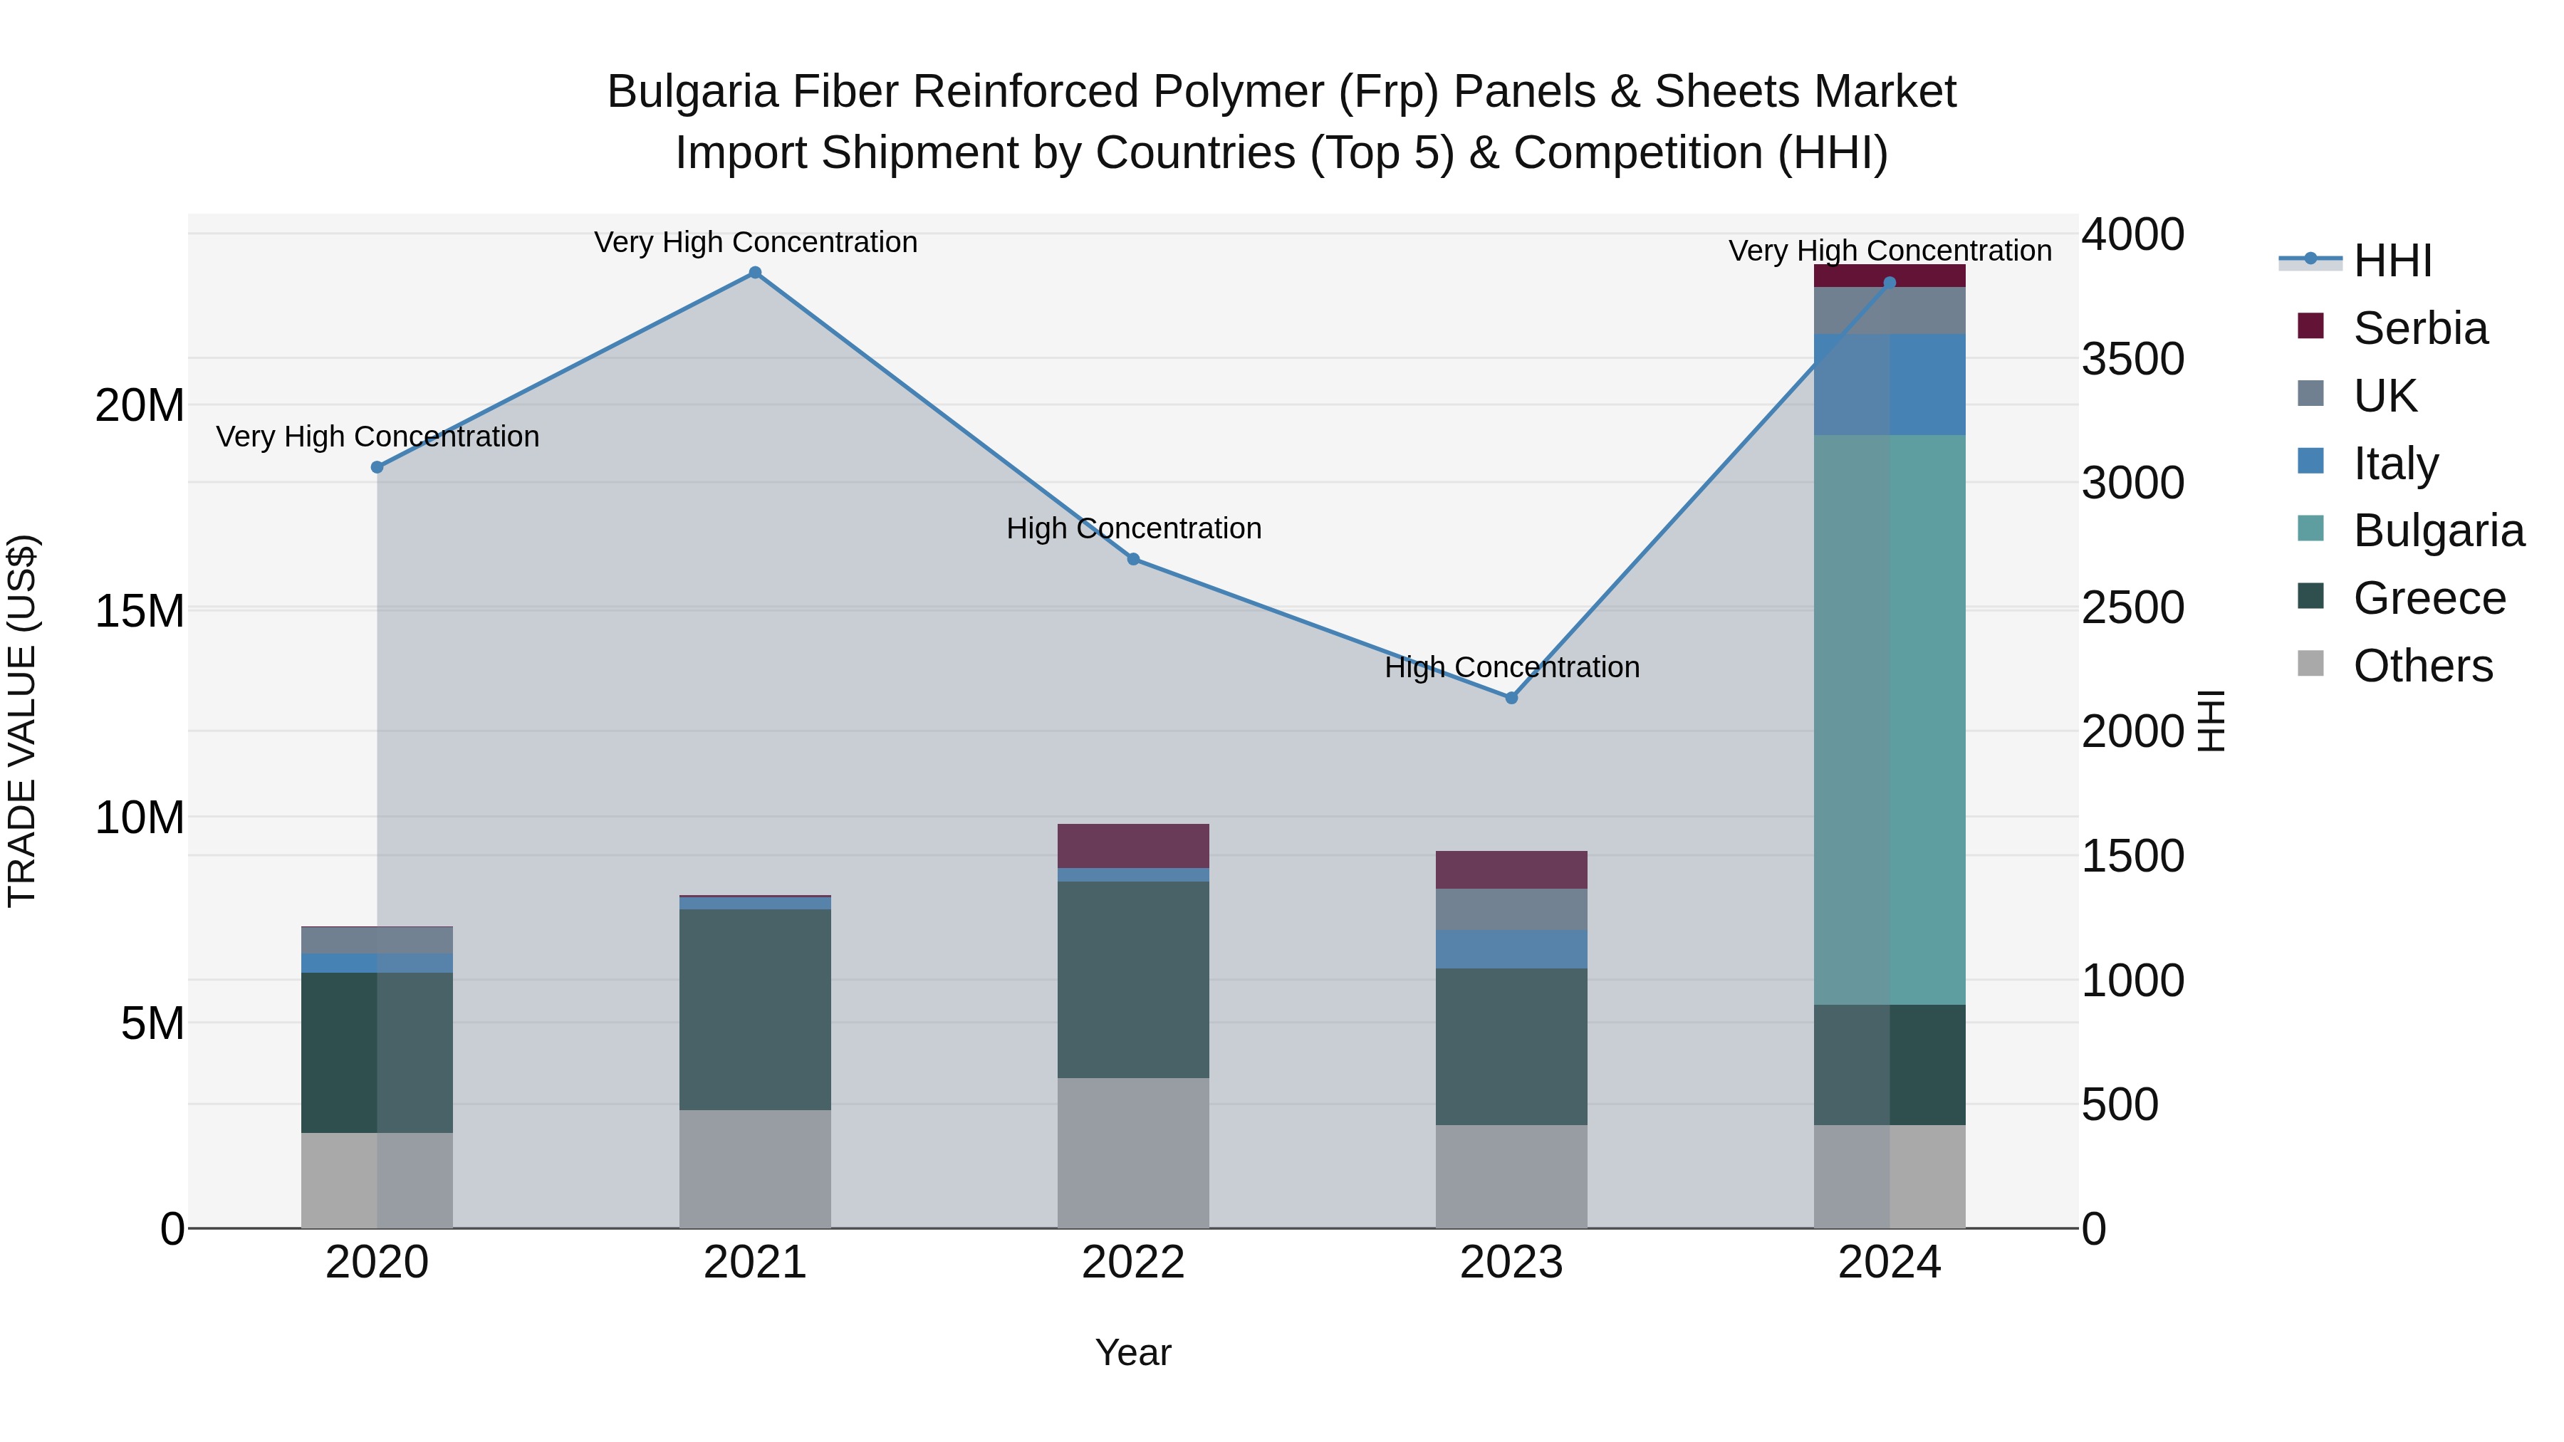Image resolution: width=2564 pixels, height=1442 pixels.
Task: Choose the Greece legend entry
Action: [2429, 598]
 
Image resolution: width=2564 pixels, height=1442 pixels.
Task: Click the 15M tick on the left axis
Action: [140, 611]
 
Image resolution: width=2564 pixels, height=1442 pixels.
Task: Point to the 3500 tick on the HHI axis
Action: [2132, 360]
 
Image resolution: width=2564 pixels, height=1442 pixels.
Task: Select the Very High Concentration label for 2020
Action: [377, 437]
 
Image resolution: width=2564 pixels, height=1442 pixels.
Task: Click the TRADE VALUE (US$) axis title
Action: [22, 721]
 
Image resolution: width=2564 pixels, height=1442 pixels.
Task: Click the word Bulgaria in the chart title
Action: [692, 92]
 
